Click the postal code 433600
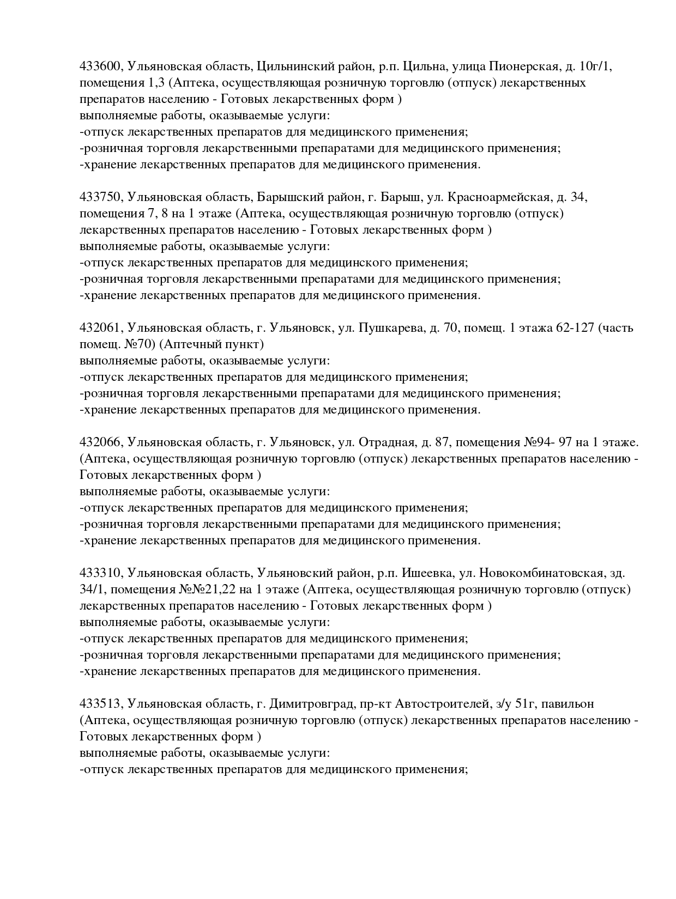[101, 66]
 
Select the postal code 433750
[101, 197]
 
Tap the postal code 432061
[101, 328]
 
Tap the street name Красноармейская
[498, 197]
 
